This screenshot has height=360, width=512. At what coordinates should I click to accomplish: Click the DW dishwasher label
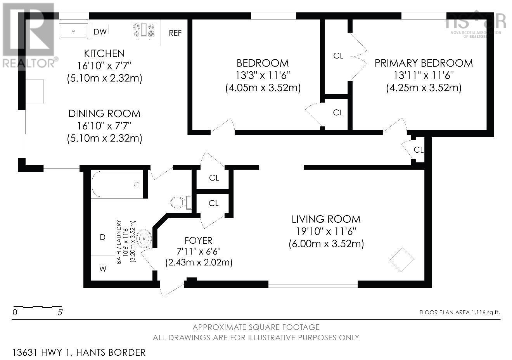(x=100, y=32)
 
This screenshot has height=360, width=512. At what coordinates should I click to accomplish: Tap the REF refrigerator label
(x=175, y=33)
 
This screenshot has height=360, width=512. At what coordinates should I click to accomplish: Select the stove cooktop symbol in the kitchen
(x=144, y=30)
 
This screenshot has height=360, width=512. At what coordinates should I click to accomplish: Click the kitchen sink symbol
(x=73, y=29)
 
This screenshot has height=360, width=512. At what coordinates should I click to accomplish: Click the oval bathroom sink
(x=144, y=238)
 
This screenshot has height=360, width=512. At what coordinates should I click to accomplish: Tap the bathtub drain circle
(x=137, y=184)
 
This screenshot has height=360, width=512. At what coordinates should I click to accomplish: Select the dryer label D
(x=103, y=237)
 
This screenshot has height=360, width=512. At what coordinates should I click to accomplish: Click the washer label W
(x=103, y=269)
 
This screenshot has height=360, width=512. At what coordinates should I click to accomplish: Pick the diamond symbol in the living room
(x=401, y=260)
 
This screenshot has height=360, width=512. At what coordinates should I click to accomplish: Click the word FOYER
(x=199, y=241)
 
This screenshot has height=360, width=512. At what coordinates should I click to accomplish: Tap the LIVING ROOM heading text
(x=326, y=219)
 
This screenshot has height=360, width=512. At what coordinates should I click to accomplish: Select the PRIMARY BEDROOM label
(x=424, y=63)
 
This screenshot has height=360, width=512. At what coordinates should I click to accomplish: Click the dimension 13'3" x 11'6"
(x=263, y=75)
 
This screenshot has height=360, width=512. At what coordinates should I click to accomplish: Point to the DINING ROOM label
(x=104, y=114)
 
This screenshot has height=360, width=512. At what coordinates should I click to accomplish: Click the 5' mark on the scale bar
(x=61, y=312)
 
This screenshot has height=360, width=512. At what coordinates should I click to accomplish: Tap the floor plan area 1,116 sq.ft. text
(x=460, y=312)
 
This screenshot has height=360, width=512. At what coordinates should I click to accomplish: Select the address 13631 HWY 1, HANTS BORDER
(x=79, y=353)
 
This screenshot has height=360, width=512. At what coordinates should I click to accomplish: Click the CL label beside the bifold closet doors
(x=338, y=55)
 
